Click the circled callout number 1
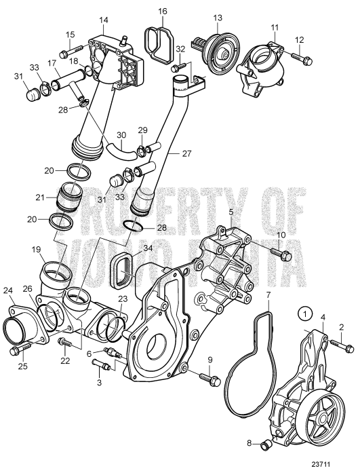click(306, 315)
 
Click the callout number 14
click(104, 20)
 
